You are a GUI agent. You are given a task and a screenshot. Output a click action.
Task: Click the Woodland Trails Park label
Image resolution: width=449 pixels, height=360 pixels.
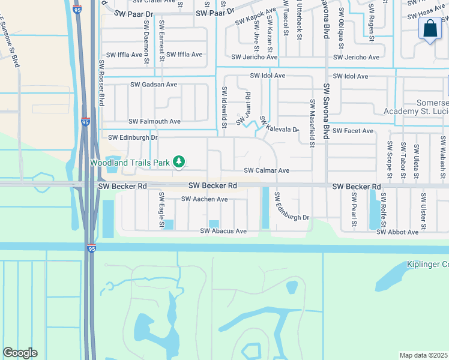click(x=130, y=163)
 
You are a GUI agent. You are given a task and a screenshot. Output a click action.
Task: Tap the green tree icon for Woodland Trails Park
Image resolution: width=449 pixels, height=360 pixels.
click(x=178, y=161)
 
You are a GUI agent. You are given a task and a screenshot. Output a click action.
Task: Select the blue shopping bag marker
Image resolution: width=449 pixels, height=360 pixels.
click(x=430, y=29)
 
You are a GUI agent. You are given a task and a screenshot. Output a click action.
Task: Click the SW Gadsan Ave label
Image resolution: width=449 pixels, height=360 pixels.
click(x=152, y=85)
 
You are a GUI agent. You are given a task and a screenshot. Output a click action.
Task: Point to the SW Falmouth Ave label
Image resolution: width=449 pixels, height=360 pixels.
click(x=154, y=121)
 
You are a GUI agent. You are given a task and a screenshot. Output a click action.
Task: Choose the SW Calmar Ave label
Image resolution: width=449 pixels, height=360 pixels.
click(x=267, y=170)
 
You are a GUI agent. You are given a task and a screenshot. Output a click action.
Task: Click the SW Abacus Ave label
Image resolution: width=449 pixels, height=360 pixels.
click(x=223, y=231)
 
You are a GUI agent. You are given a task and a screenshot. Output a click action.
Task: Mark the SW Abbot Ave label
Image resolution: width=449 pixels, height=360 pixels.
click(x=397, y=232)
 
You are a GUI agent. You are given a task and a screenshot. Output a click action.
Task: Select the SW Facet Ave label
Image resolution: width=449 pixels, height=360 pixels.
click(x=353, y=131)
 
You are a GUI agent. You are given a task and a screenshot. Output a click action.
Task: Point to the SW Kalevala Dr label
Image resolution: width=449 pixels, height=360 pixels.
click(x=280, y=126)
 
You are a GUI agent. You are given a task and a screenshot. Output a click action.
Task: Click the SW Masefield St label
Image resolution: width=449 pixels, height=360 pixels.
click(x=313, y=123)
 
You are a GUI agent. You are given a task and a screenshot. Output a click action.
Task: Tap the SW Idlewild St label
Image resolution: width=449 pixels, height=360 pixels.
click(x=224, y=107)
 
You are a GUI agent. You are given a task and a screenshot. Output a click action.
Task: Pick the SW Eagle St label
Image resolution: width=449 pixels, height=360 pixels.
click(x=161, y=209)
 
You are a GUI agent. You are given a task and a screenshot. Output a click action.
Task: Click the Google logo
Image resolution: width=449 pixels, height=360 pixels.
click(x=20, y=353)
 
